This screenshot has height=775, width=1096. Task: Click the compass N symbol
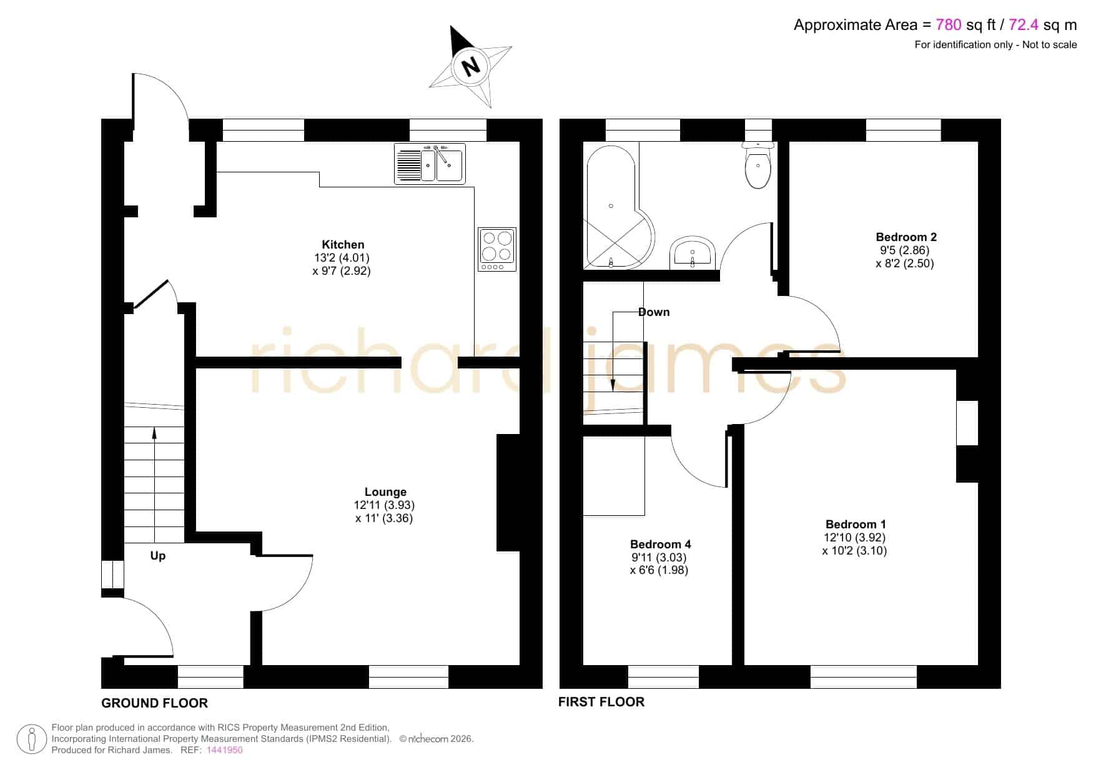coord(471,66)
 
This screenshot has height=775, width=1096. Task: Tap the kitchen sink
coord(429,164)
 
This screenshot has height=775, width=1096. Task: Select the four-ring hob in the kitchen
coord(497,249)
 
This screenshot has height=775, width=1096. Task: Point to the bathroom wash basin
coord(692,253)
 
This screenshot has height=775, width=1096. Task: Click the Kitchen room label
coord(343,245)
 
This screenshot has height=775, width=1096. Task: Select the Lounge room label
coord(385,492)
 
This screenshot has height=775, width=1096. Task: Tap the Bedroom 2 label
coord(906,237)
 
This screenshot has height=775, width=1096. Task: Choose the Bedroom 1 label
coord(856,524)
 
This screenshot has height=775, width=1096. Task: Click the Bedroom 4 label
coord(661,544)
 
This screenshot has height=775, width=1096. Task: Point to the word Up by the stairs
coord(158,556)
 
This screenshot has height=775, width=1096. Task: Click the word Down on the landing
coord(654,312)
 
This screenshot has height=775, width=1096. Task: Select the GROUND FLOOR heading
coord(154,703)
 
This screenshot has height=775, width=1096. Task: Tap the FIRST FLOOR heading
coord(601,702)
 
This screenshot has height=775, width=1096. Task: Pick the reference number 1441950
coord(224,750)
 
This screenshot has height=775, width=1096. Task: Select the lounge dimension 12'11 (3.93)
coord(384,505)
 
